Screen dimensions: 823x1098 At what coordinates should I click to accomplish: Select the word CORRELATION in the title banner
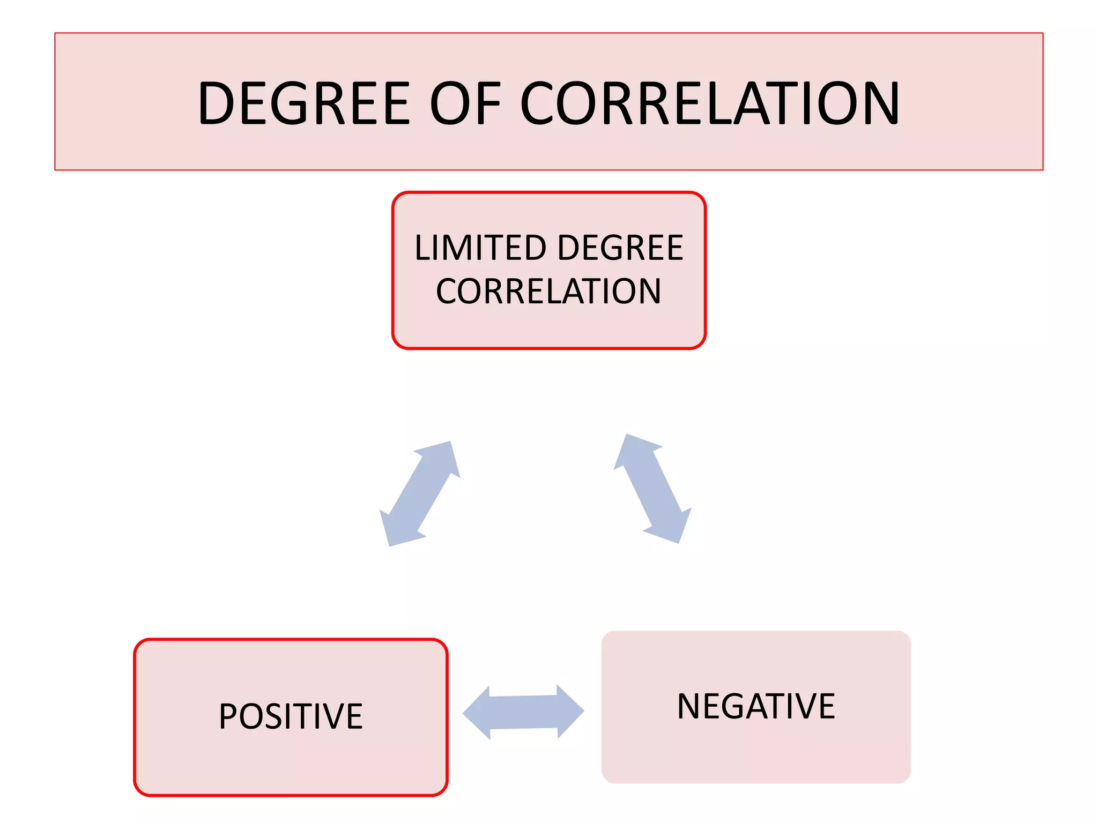point(710,103)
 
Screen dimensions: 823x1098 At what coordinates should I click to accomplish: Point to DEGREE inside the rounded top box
point(620,248)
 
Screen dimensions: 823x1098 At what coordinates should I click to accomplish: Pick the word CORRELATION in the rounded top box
point(548,291)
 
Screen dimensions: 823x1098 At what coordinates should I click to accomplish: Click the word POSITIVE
point(291,716)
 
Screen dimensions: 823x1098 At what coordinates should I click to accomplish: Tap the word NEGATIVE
point(756,706)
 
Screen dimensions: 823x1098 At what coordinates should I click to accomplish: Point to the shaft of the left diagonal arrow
point(419,493)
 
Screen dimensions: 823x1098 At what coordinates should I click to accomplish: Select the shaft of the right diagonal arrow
point(652,489)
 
